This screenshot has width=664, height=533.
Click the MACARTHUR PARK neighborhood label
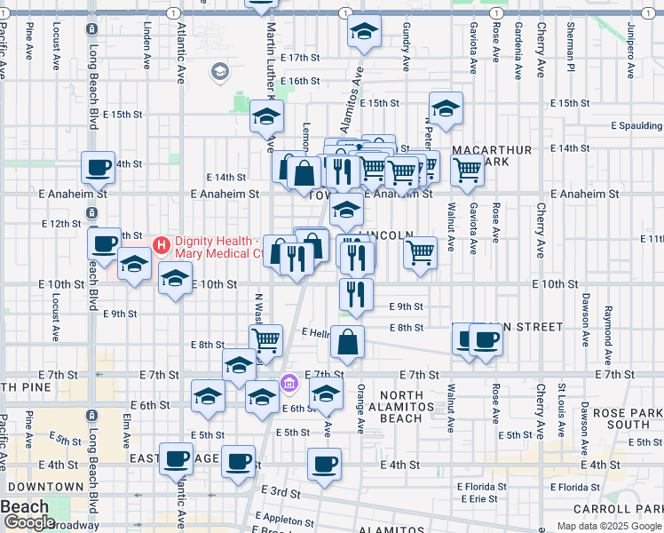[x=492, y=156]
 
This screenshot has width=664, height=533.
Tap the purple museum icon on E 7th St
[x=289, y=384]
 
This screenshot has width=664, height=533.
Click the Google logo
[x=29, y=522]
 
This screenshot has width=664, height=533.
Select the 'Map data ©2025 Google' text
[x=609, y=526]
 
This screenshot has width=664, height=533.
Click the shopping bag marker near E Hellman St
[x=348, y=342]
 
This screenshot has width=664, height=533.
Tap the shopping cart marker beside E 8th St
[x=265, y=340]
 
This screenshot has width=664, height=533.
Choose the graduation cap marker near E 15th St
[x=446, y=108]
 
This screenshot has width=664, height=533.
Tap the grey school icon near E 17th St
[x=219, y=70]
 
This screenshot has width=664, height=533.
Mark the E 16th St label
[x=299, y=81]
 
